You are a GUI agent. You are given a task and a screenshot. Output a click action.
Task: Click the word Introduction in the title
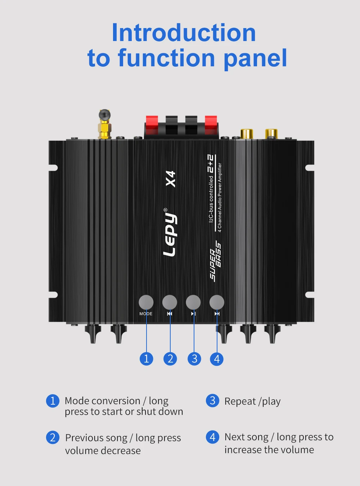(184, 33)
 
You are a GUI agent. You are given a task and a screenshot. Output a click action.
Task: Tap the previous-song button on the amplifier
(170, 302)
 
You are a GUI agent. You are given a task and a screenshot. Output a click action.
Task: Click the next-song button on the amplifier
(217, 302)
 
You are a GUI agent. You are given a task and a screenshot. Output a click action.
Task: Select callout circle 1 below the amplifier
(146, 359)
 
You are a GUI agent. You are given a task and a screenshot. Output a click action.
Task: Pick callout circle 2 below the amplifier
(170, 359)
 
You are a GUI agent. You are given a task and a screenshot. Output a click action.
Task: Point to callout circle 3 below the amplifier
(194, 359)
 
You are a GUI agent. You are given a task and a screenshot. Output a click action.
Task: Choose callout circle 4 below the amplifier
(217, 359)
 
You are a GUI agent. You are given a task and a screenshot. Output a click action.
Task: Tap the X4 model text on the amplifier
(171, 179)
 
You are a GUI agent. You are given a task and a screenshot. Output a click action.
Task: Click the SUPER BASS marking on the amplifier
(215, 261)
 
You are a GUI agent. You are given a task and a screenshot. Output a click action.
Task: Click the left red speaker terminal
(152, 124)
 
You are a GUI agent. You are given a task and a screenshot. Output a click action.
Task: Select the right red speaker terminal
(211, 124)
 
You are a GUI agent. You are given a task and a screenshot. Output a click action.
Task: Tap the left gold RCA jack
(247, 134)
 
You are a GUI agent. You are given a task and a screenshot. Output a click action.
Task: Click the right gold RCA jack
(271, 134)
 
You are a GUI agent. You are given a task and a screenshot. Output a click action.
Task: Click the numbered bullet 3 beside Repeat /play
(212, 400)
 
